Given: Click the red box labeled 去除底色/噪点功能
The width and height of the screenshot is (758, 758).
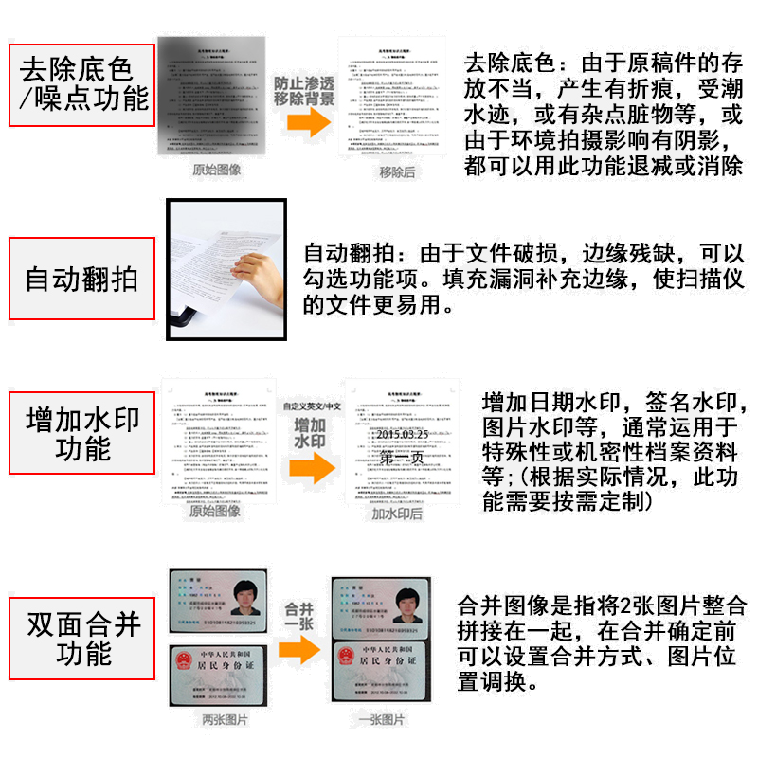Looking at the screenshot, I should (x=82, y=84).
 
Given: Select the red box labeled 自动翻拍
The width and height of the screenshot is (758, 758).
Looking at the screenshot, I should (x=81, y=279).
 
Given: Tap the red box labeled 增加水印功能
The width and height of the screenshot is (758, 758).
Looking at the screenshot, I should (x=82, y=434).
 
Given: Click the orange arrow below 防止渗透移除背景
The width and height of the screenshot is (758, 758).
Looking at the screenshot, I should (x=304, y=121).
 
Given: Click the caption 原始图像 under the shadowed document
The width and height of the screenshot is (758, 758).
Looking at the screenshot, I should (x=217, y=171).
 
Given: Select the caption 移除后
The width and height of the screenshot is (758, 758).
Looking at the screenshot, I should (x=397, y=171).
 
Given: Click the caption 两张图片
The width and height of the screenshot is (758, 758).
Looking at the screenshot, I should (x=225, y=720).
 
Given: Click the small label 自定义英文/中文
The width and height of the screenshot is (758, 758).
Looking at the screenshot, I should (x=311, y=406).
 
